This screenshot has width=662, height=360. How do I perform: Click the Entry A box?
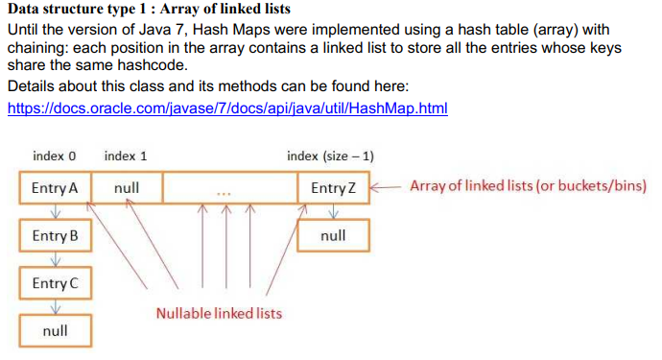[55, 188]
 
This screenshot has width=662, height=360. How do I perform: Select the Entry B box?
[55, 235]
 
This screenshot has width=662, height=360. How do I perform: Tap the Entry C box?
[55, 283]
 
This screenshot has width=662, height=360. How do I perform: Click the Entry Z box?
[333, 188]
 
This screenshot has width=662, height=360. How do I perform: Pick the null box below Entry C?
[55, 330]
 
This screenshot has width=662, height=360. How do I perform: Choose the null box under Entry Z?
[333, 234]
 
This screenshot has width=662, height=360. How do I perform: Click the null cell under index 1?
[126, 188]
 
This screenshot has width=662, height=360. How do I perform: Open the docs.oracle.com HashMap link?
[227, 108]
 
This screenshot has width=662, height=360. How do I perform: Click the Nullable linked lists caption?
[219, 313]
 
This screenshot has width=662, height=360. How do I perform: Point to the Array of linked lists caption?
[529, 185]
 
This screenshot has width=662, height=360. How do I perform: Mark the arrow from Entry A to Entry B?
[56, 210]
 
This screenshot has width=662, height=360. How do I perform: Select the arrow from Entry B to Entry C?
[56, 258]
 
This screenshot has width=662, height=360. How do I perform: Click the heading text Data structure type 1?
[149, 9]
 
